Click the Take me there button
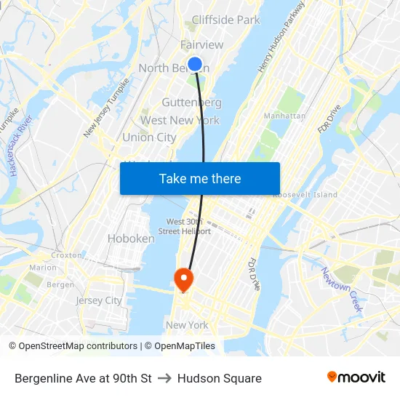(200, 179)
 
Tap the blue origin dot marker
(195, 64)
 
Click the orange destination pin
(183, 278)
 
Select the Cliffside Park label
(225, 20)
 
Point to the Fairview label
(201, 45)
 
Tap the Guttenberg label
(191, 103)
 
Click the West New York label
(180, 120)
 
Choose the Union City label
(149, 137)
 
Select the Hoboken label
(131, 238)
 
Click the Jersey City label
(99, 300)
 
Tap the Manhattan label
(284, 116)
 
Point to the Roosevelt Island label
(305, 195)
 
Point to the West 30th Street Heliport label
(188, 226)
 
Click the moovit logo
(356, 377)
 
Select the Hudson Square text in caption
(220, 378)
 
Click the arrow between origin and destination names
(164, 378)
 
